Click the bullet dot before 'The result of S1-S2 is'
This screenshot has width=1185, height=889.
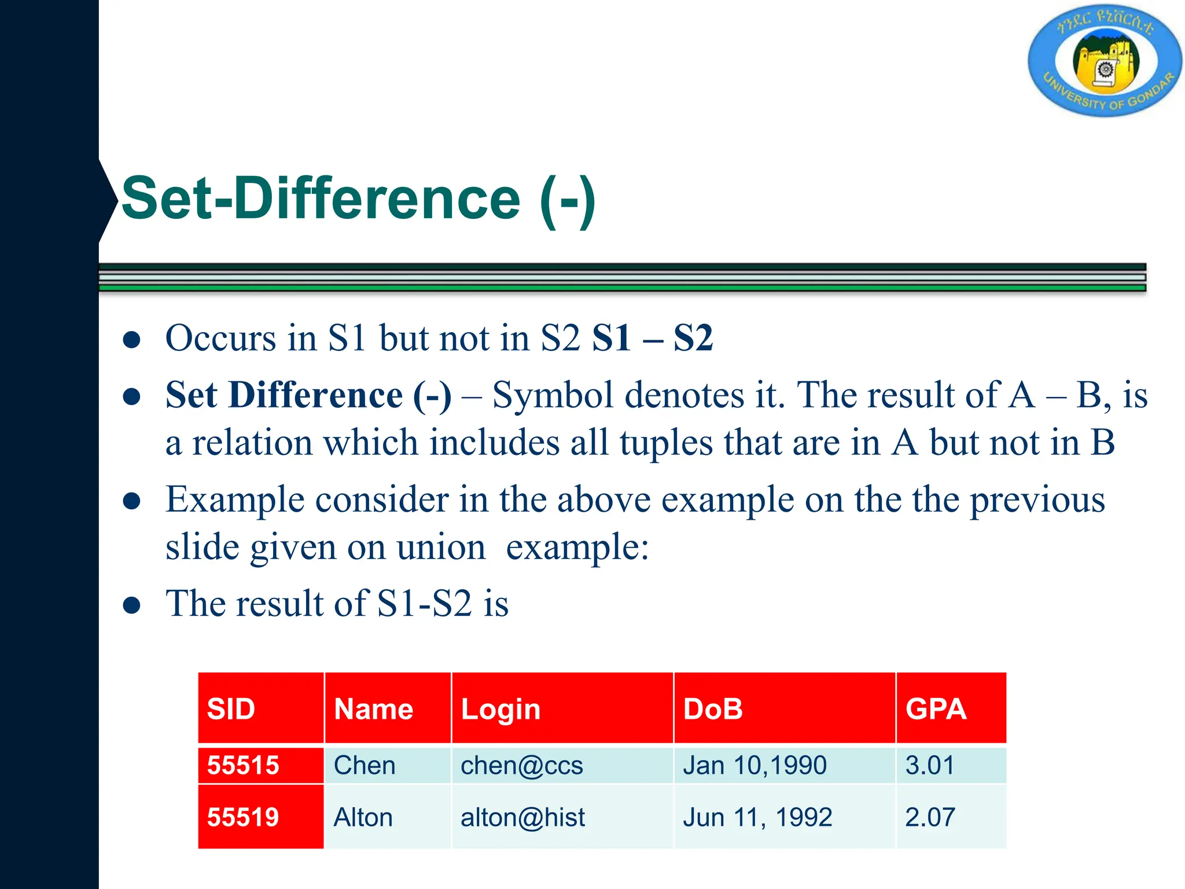point(132,605)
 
